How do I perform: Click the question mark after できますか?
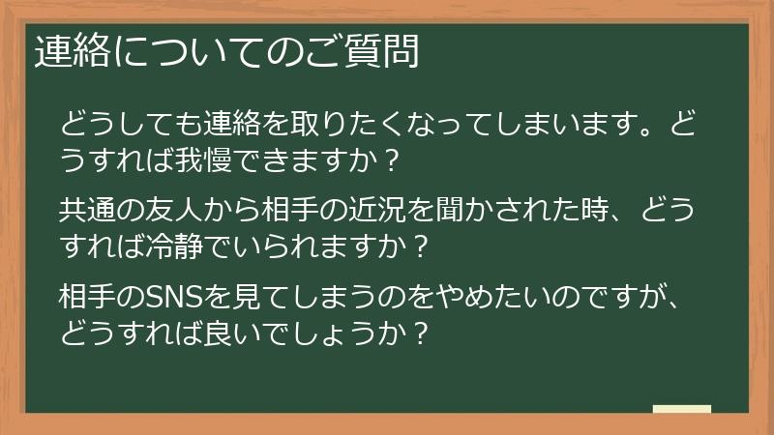pos(392,158)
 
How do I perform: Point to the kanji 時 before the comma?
pos(623,209)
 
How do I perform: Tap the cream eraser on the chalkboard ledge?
pos(682,409)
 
